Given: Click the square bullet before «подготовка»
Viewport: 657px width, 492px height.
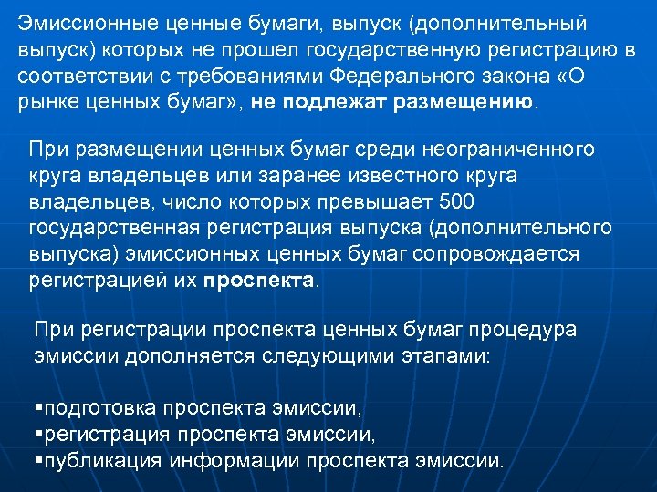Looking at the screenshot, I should [38, 405].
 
